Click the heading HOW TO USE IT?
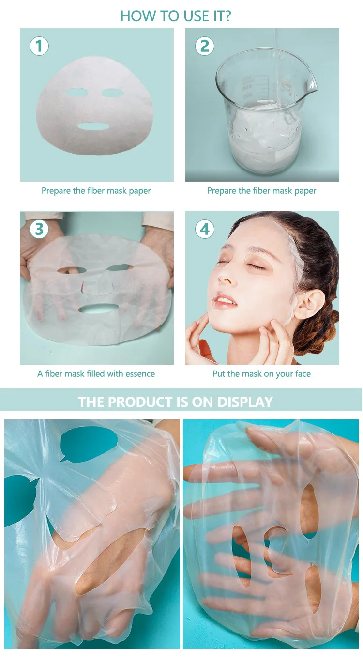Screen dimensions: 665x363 [x=176, y=16]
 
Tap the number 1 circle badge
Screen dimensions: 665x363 [x=39, y=46]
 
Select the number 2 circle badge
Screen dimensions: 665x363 [x=205, y=46]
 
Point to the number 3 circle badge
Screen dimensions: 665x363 [x=39, y=229]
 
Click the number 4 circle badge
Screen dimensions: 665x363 [x=205, y=229]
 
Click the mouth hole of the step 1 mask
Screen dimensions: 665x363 [x=93, y=126]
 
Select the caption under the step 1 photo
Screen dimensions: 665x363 [x=96, y=191]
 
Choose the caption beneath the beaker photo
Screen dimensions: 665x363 [x=261, y=191]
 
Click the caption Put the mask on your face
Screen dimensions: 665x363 [x=261, y=374]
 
